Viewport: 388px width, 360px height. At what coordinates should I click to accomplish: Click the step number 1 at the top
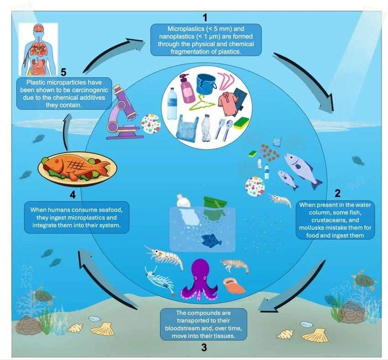pos(205,17)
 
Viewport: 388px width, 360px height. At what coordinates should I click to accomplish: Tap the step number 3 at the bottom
pos(204,347)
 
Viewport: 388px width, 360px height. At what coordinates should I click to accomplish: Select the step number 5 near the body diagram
pos(64,73)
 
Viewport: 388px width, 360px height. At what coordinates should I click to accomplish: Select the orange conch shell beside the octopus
pos(234,286)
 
